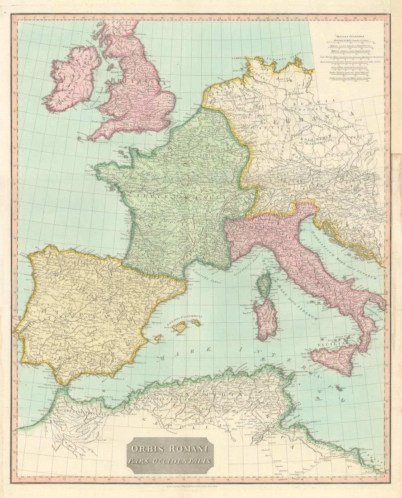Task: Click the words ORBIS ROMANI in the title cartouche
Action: tap(170, 449)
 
